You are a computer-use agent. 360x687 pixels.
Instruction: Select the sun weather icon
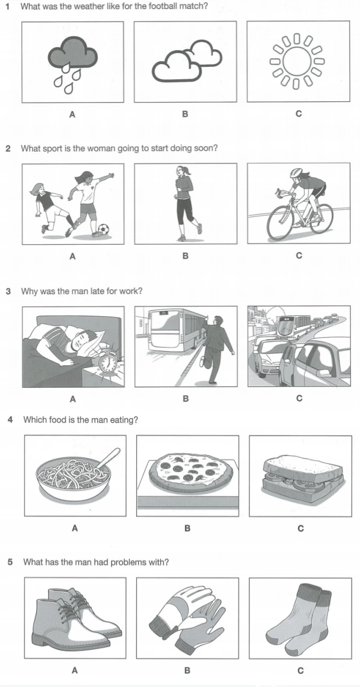coord(297,61)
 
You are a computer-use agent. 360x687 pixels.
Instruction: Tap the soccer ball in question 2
coord(104,229)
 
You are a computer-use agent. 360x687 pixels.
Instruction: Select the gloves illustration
coord(187,618)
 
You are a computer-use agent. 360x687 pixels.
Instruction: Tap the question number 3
coord(9,291)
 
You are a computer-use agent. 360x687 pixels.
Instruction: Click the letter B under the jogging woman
coord(185,256)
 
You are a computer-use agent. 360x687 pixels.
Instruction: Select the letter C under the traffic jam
coord(299,398)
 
